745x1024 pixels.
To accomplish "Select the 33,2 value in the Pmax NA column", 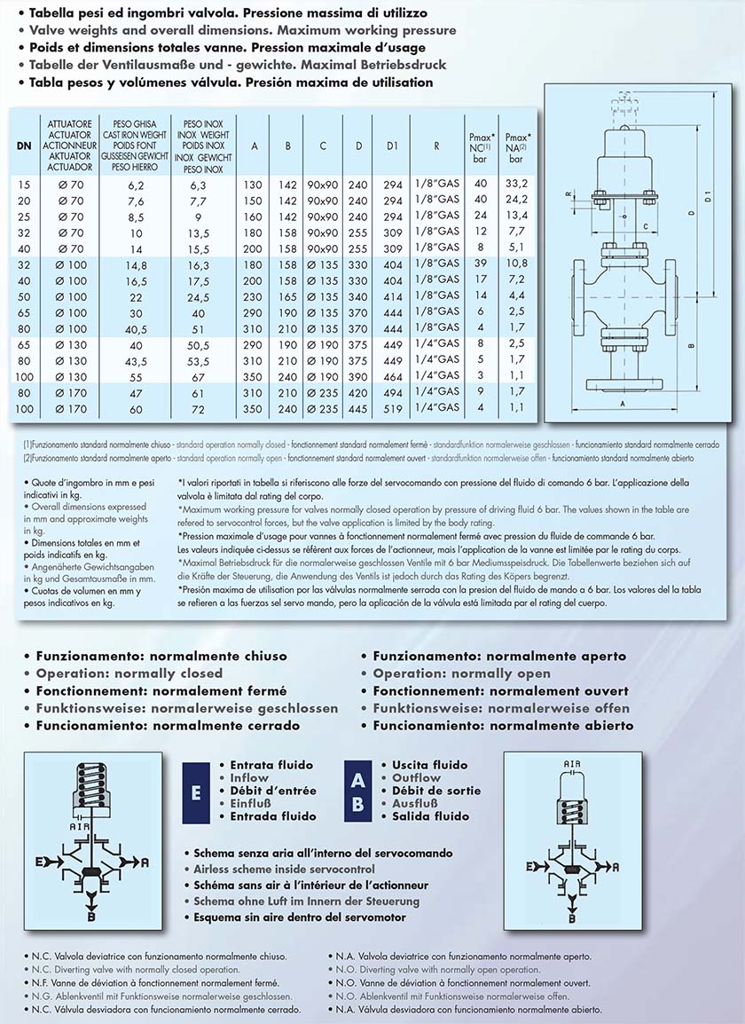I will (x=515, y=184).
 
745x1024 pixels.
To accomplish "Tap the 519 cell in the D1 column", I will (x=393, y=407).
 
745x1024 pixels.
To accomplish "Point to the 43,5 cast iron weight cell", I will (x=135, y=359).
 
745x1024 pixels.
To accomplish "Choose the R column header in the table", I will (x=437, y=146).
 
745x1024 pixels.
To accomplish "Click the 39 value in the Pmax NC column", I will (x=481, y=264).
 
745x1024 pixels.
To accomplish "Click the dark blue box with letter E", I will (x=195, y=791).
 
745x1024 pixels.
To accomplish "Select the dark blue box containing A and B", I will (x=357, y=791).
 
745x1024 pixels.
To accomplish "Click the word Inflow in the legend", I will (x=248, y=777).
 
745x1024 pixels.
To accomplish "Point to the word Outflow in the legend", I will (x=417, y=777).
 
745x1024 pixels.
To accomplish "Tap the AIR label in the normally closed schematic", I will (x=79, y=826).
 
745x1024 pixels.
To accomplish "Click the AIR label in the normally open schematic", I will (x=571, y=763).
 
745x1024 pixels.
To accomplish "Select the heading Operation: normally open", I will (x=461, y=673).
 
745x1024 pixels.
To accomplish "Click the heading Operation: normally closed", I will (x=129, y=673).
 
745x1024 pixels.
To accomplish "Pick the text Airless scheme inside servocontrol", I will (x=284, y=869).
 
